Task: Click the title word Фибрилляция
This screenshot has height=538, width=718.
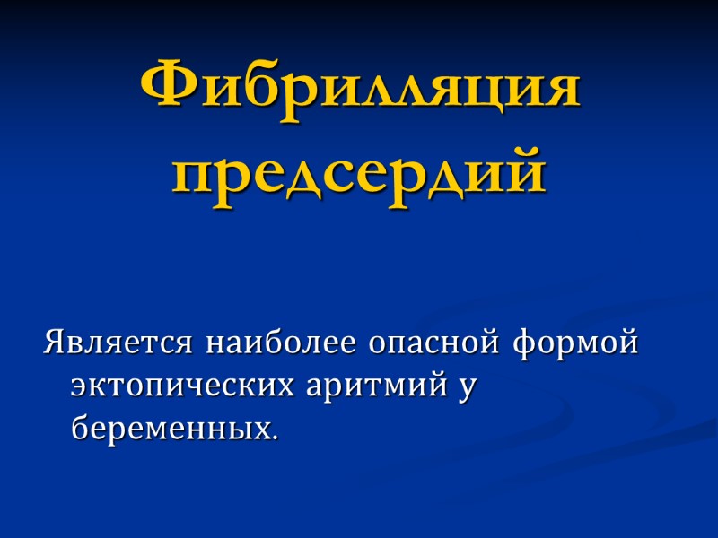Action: pos(360,87)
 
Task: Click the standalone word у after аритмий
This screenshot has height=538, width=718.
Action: pos(464,387)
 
